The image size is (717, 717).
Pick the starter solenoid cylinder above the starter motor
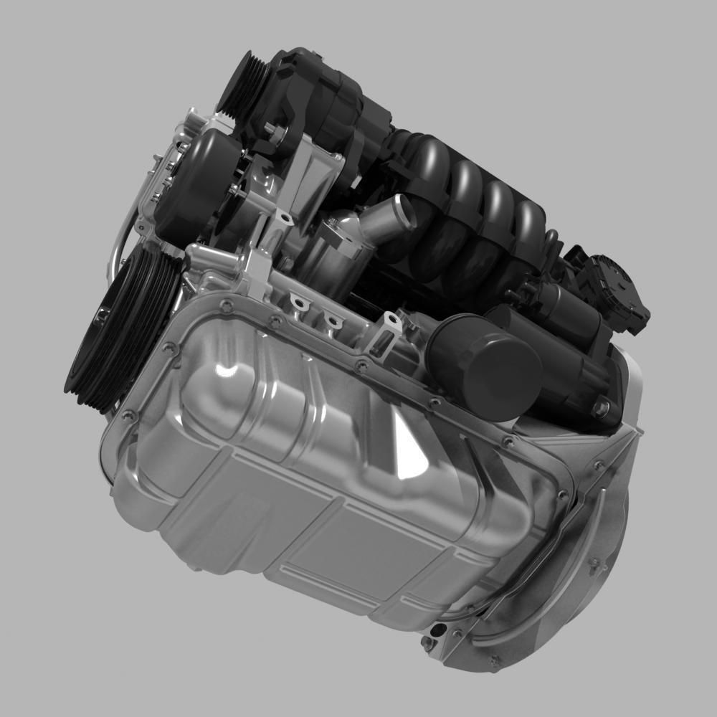pos(566,305)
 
